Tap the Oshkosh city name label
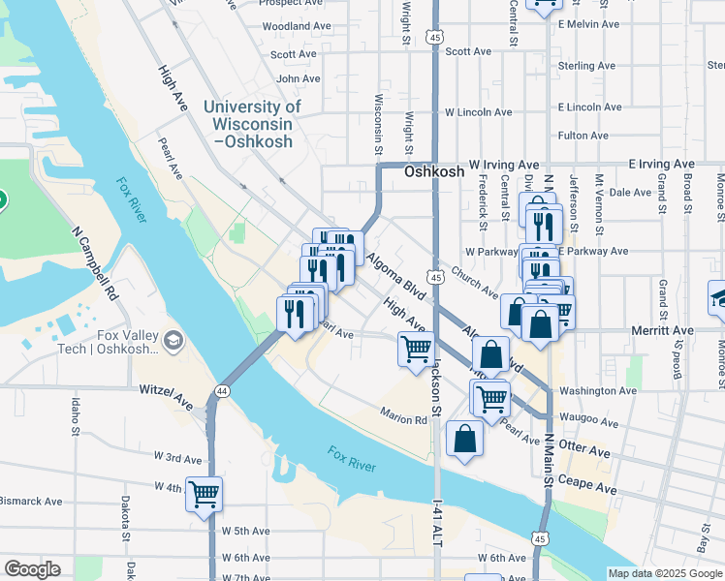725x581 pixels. coord(428,171)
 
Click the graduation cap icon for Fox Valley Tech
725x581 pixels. coord(173,339)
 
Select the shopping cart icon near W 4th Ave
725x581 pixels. coord(204,494)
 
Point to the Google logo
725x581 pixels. coord(32,569)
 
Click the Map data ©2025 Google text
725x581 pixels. coord(665,573)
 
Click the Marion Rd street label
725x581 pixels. coord(403,420)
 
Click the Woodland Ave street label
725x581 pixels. coord(296,26)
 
